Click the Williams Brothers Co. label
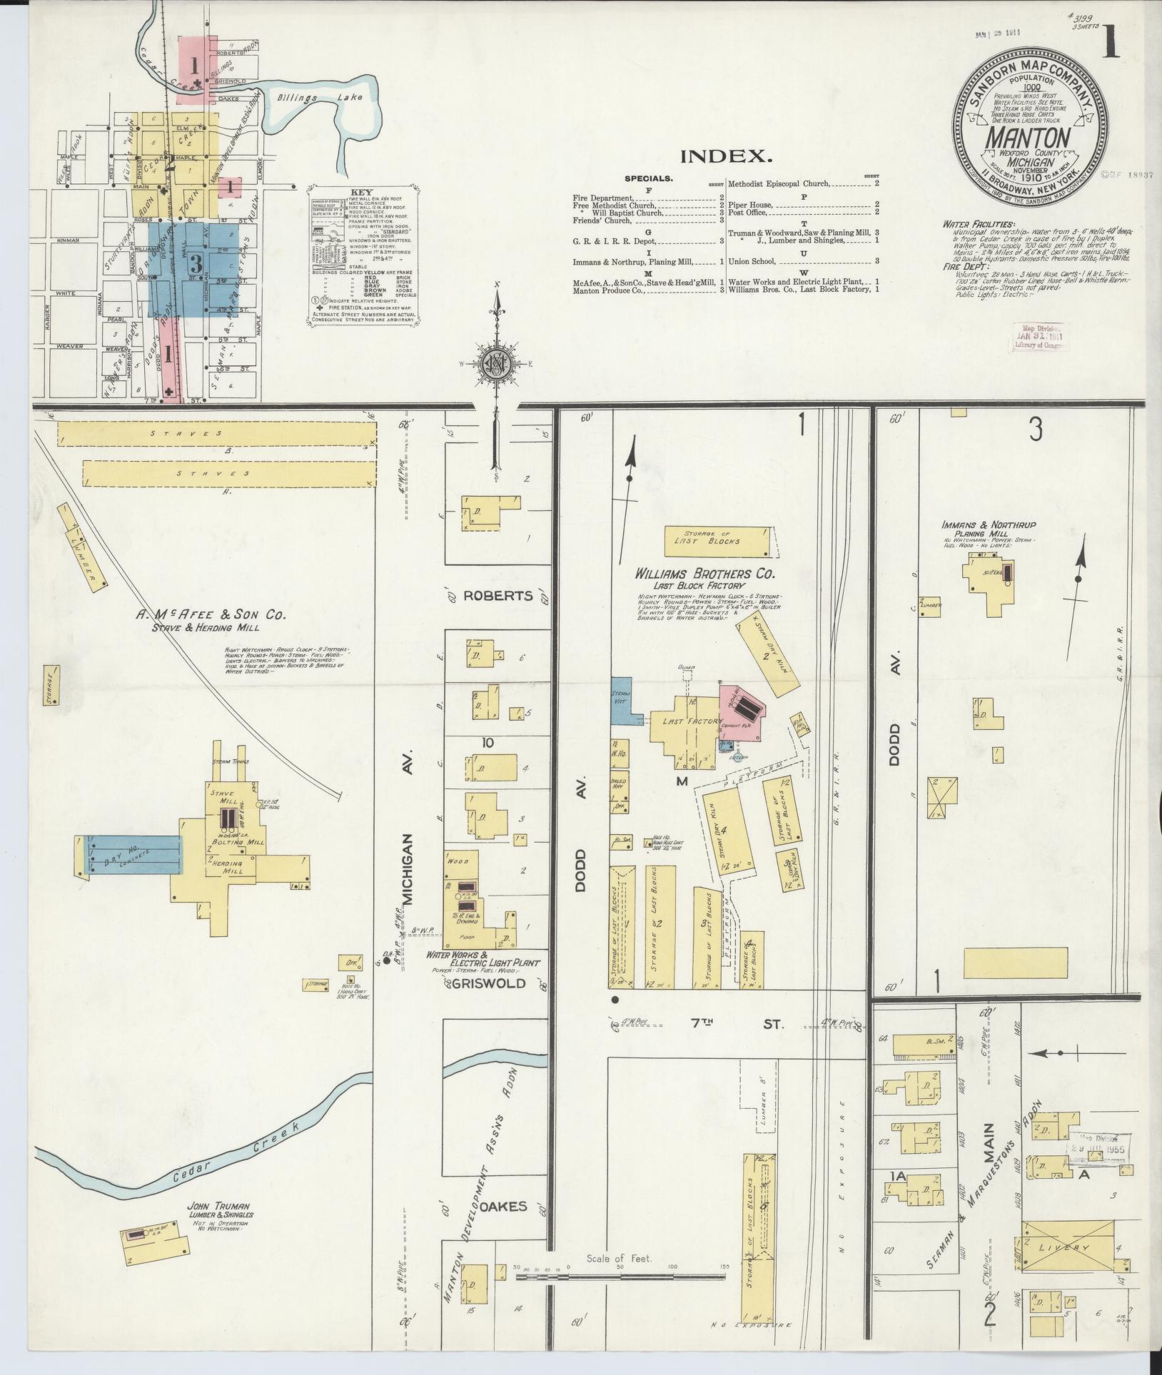705,573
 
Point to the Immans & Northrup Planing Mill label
988,529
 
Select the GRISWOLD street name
490,983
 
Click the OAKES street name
503,1206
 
